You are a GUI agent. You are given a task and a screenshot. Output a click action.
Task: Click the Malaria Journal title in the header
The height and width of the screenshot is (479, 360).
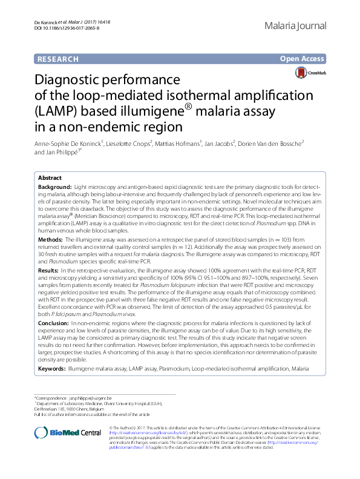(x=296, y=26)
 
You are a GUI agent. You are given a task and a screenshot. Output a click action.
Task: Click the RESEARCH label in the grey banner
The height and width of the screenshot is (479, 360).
(x=58, y=59)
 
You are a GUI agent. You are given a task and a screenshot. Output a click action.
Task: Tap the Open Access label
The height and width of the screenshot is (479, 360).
(x=302, y=59)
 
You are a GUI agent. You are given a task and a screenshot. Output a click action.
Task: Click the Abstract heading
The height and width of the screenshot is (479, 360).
(x=50, y=178)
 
